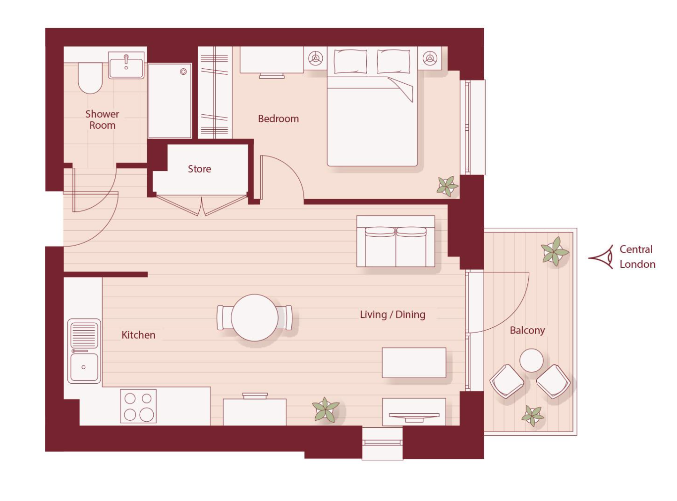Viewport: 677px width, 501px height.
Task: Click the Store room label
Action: pyautogui.click(x=199, y=169)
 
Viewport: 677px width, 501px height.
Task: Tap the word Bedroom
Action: pyautogui.click(x=279, y=119)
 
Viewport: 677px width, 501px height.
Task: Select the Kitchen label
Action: pyautogui.click(x=138, y=335)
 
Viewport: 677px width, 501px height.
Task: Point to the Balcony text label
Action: pyautogui.click(x=527, y=331)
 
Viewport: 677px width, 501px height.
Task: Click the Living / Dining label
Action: pyautogui.click(x=393, y=315)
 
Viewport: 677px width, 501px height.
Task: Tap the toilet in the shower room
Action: pyautogui.click(x=90, y=78)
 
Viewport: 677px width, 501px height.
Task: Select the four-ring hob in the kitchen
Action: pyautogui.click(x=138, y=406)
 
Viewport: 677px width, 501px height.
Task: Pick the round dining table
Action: pyautogui.click(x=255, y=317)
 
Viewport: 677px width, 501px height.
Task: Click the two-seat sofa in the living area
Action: pyautogui.click(x=396, y=242)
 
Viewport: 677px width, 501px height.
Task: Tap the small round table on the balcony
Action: pyautogui.click(x=531, y=360)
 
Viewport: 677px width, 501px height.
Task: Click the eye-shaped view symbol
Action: pyautogui.click(x=601, y=257)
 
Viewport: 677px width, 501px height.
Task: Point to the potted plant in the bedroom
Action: pyautogui.click(x=447, y=186)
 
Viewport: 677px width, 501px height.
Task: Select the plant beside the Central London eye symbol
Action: pyautogui.click(x=555, y=251)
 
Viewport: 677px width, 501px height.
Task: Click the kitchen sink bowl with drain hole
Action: pyautogui.click(x=84, y=367)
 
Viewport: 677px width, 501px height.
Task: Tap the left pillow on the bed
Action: pyautogui.click(x=350, y=62)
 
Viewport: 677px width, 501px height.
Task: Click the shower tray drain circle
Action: pyautogui.click(x=183, y=72)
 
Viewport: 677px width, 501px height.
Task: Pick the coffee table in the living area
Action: pyautogui.click(x=414, y=362)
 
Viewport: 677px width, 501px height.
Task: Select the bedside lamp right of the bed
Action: pyautogui.click(x=430, y=58)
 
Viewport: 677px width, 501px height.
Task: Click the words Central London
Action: pyautogui.click(x=637, y=257)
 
